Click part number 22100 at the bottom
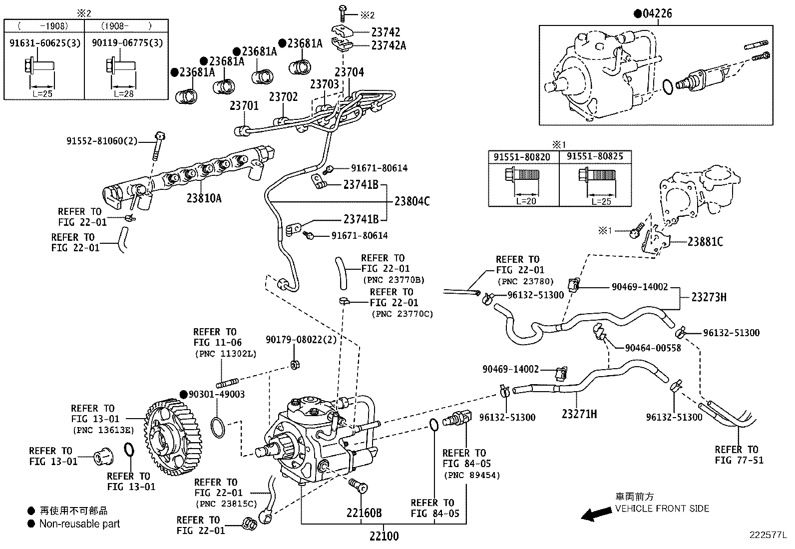(384, 537)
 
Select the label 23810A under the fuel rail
(204, 198)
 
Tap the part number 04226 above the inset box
(657, 13)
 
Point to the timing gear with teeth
(173, 438)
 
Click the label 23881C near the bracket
(705, 242)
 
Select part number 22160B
(365, 513)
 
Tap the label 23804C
(412, 201)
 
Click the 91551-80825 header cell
(594, 157)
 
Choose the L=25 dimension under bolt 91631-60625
(41, 93)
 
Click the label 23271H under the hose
(579, 414)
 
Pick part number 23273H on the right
(709, 297)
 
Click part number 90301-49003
(217, 394)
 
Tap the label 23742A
(389, 45)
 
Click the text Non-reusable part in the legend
(79, 524)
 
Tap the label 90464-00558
(653, 348)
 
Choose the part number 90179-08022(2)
(301, 339)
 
